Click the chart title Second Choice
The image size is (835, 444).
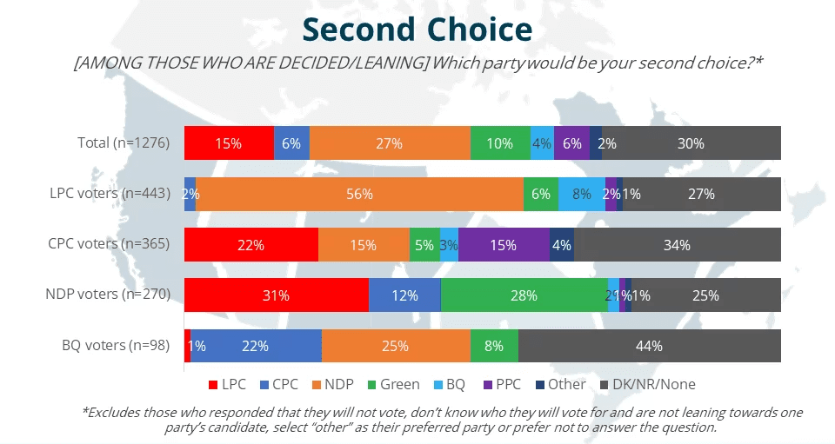417,30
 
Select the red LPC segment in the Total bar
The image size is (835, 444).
229,143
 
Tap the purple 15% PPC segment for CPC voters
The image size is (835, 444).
504,245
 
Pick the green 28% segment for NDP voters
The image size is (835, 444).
524,295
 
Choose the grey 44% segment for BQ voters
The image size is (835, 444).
649,346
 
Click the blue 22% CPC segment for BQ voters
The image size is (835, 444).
256,346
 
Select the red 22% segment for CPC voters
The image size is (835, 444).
251,245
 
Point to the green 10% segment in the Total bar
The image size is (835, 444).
500,143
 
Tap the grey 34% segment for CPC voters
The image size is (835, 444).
677,245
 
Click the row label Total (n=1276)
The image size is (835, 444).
123,143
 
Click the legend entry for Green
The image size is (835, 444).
393,384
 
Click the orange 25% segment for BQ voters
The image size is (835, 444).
395,346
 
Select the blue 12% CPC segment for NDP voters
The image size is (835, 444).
404,295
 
